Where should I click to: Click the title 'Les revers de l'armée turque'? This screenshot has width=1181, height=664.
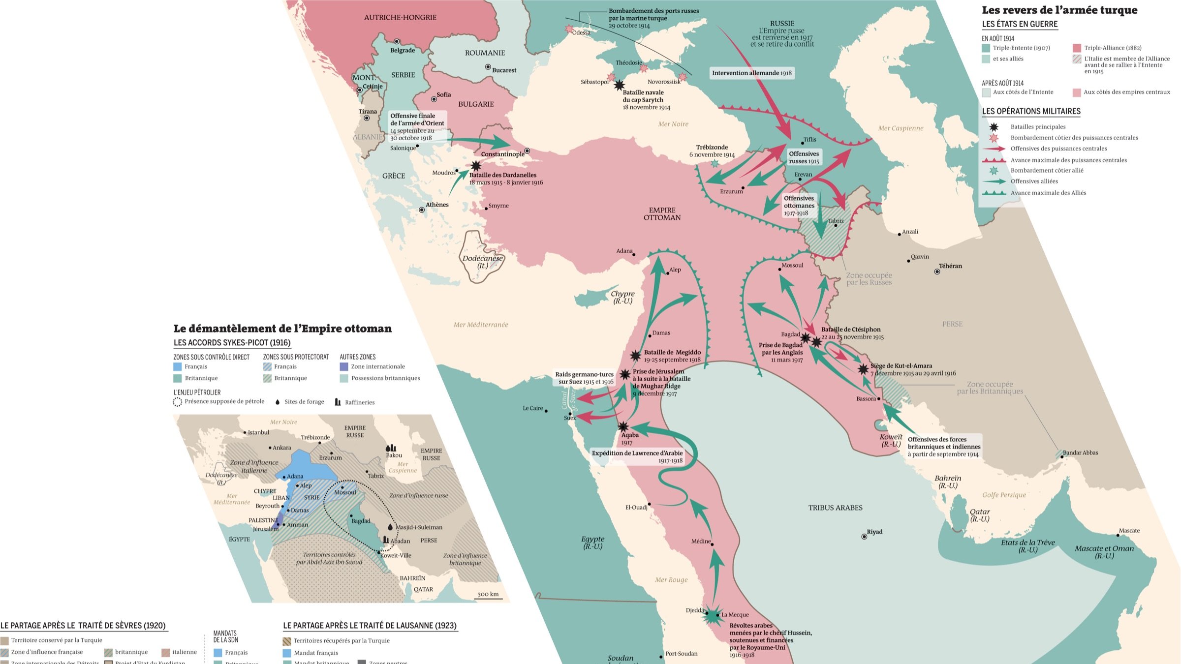pos(1059,10)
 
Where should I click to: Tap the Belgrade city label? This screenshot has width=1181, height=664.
pos(403,50)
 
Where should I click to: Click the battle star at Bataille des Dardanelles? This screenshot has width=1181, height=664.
pos(475,166)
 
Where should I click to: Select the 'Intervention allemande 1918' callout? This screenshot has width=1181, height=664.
pos(751,73)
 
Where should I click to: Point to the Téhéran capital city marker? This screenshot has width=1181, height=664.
pos(937,272)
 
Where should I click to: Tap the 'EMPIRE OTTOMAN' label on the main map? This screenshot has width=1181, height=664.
pos(662,213)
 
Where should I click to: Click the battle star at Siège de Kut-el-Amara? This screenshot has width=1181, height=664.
pos(863,369)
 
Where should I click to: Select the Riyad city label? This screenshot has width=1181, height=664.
pos(874,532)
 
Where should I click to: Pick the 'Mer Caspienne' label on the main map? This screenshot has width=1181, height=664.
pos(901,128)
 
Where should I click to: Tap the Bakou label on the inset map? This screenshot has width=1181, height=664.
pos(394,455)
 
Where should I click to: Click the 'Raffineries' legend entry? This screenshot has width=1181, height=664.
pos(359,402)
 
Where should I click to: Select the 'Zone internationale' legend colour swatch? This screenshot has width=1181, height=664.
pos(344,366)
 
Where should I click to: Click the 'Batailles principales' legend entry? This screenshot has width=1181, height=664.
pos(1037,127)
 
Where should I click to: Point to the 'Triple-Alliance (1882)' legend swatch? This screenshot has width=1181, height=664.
pos(1077,48)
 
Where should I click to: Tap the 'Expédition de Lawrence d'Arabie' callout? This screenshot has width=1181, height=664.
pos(637,456)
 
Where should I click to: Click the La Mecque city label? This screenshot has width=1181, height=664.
pos(735,615)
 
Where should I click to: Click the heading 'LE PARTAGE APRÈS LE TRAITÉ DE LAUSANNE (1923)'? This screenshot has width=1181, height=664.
pos(370,626)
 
